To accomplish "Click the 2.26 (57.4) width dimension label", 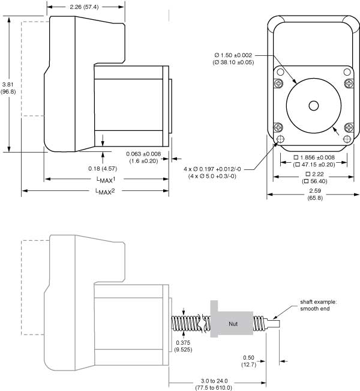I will point(85,7).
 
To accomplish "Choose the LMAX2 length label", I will point(106,192).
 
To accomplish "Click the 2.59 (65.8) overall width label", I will point(314,195).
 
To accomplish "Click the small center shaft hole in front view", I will point(313,105).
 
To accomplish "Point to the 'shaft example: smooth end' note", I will point(319,306).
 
